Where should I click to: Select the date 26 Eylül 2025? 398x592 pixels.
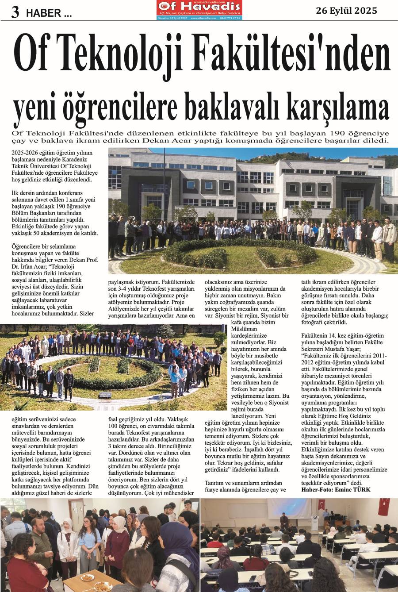coord(346,11)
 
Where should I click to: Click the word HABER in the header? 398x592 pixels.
coord(43,14)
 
